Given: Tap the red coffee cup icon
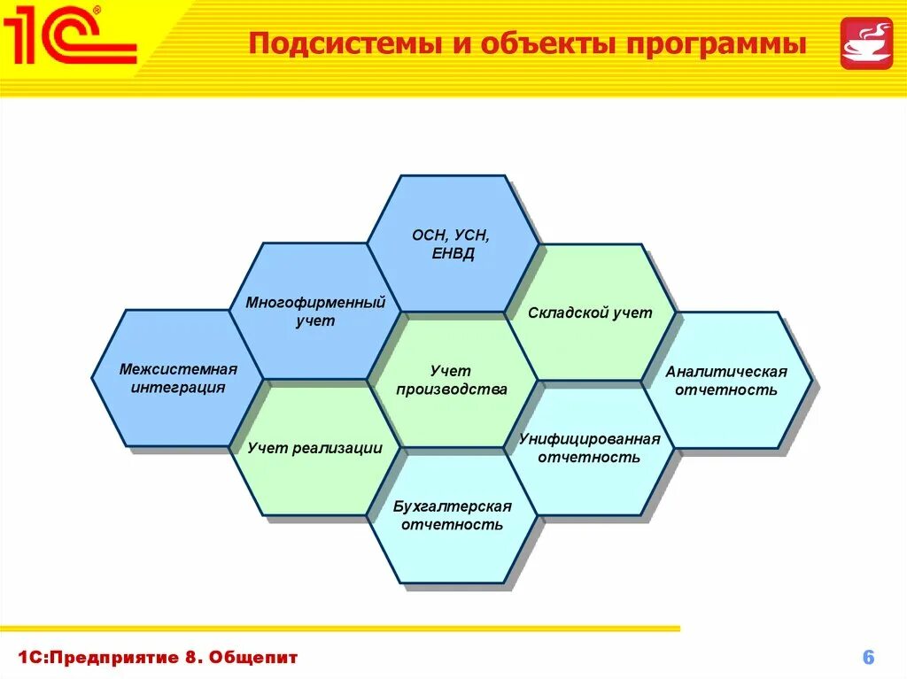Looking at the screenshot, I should (866, 42).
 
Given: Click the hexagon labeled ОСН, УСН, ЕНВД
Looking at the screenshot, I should (452, 244).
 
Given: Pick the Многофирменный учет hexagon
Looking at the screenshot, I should (315, 312).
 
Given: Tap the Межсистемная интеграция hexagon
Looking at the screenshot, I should (178, 378).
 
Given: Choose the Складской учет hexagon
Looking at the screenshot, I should (590, 312).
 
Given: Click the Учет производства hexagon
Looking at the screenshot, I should (452, 381).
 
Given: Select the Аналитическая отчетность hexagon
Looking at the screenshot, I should (726, 381).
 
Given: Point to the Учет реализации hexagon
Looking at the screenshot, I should (315, 449).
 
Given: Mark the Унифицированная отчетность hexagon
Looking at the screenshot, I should (590, 449).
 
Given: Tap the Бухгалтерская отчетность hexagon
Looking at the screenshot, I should (452, 516).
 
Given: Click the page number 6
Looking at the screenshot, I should (868, 657).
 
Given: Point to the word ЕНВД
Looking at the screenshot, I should (452, 255).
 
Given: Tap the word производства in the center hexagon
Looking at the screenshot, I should (452, 390).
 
